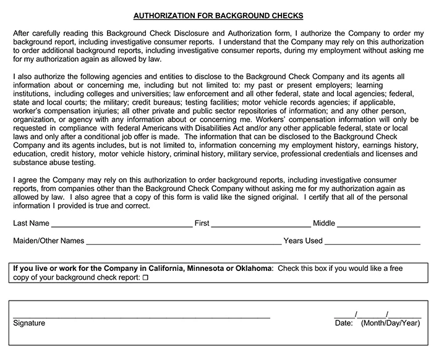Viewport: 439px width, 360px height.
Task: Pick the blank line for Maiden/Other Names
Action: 184,243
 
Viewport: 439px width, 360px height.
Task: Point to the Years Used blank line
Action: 372,243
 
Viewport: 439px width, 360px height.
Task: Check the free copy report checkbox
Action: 146,280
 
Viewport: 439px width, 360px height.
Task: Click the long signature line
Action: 142,316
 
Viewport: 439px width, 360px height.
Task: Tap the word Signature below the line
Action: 29,323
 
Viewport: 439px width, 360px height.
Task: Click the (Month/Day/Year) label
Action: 391,323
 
